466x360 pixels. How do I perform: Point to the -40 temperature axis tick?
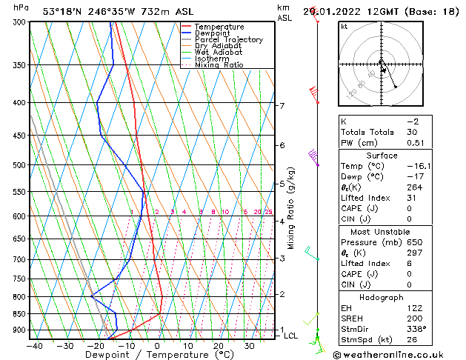(34, 345)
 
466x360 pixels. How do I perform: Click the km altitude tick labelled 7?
(282, 106)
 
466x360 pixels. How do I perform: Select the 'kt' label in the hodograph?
(344, 26)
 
